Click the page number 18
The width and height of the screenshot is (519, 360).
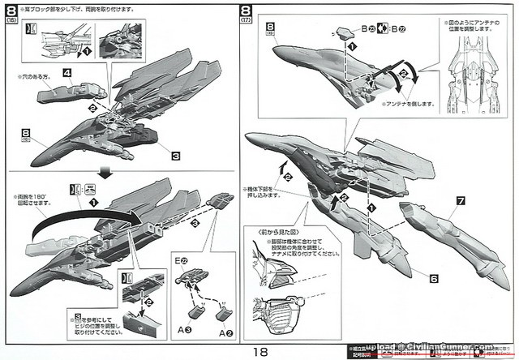point(259,350)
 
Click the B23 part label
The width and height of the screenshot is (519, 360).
point(368,29)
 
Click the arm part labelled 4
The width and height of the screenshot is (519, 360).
point(66,96)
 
